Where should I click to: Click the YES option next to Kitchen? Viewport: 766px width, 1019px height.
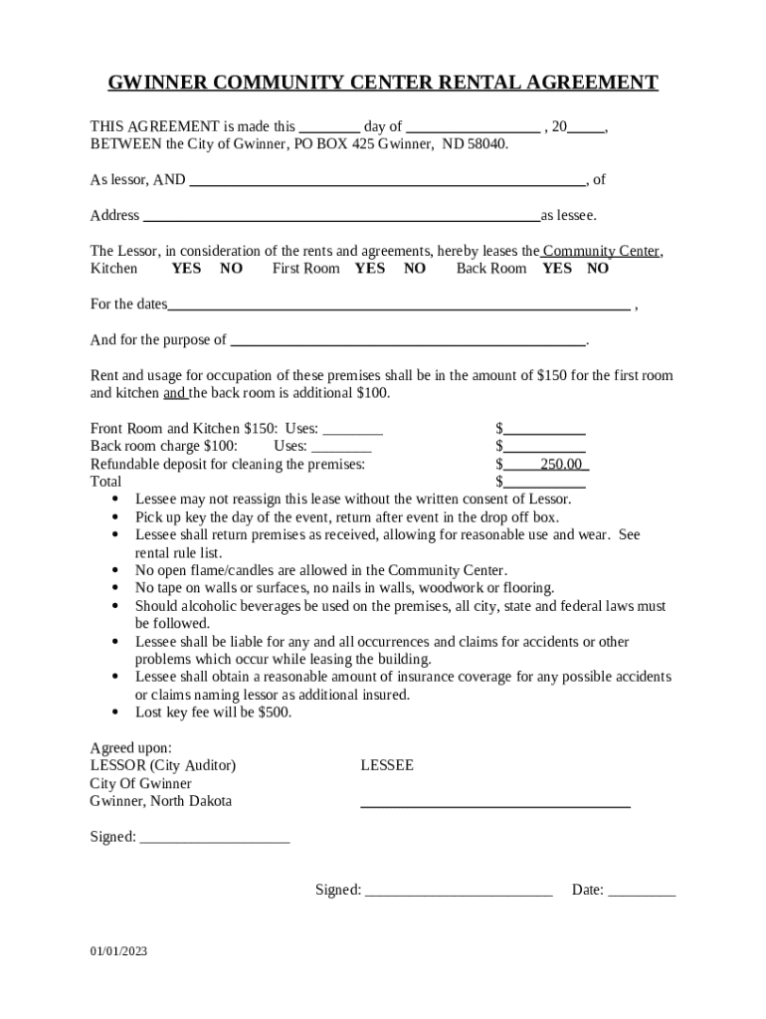[x=186, y=269]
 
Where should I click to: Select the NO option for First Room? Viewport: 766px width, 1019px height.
[x=415, y=269]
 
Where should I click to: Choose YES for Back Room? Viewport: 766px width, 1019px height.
[x=557, y=269]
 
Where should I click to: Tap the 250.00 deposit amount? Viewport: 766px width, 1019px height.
[x=561, y=465]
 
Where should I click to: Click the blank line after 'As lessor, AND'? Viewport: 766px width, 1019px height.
[x=387, y=181]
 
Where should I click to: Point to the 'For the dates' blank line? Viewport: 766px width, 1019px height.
[x=398, y=305]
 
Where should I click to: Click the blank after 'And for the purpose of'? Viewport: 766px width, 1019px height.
[x=408, y=340]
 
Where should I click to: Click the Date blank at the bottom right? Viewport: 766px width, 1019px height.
[x=642, y=891]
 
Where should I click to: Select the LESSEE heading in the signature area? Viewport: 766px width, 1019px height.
[x=387, y=766]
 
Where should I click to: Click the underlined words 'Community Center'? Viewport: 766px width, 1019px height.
[x=601, y=252]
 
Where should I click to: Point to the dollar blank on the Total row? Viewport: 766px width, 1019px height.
[x=544, y=482]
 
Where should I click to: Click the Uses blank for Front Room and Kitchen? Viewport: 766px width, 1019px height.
[x=353, y=430]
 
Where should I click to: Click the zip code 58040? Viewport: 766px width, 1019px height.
[x=486, y=144]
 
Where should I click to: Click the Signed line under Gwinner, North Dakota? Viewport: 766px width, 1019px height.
[x=215, y=838]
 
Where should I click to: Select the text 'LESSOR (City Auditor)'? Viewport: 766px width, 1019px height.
[x=163, y=766]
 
